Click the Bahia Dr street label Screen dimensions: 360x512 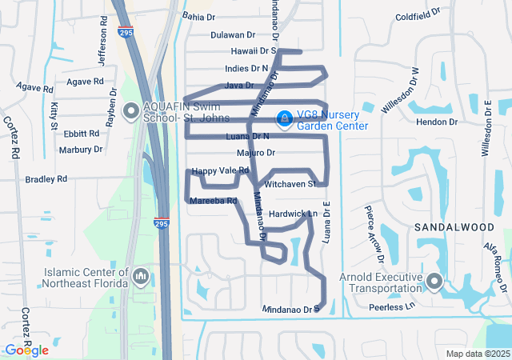(x=199, y=17)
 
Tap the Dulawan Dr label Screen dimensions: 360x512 (x=232, y=35)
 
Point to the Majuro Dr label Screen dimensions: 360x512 (x=256, y=153)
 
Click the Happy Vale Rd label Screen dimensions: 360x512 (x=221, y=170)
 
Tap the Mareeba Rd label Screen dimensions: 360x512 (x=214, y=201)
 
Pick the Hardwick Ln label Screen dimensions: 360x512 (x=294, y=214)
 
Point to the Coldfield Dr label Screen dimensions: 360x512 (x=418, y=15)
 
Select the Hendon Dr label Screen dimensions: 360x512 (x=442, y=122)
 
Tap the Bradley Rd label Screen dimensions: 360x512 (x=46, y=180)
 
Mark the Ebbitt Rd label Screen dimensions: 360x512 (x=82, y=134)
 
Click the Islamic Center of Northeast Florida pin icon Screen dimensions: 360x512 (x=141, y=277)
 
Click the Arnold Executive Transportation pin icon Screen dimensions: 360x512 (x=434, y=282)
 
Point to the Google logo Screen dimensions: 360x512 (x=26, y=350)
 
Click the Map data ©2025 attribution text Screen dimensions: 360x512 (x=477, y=354)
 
